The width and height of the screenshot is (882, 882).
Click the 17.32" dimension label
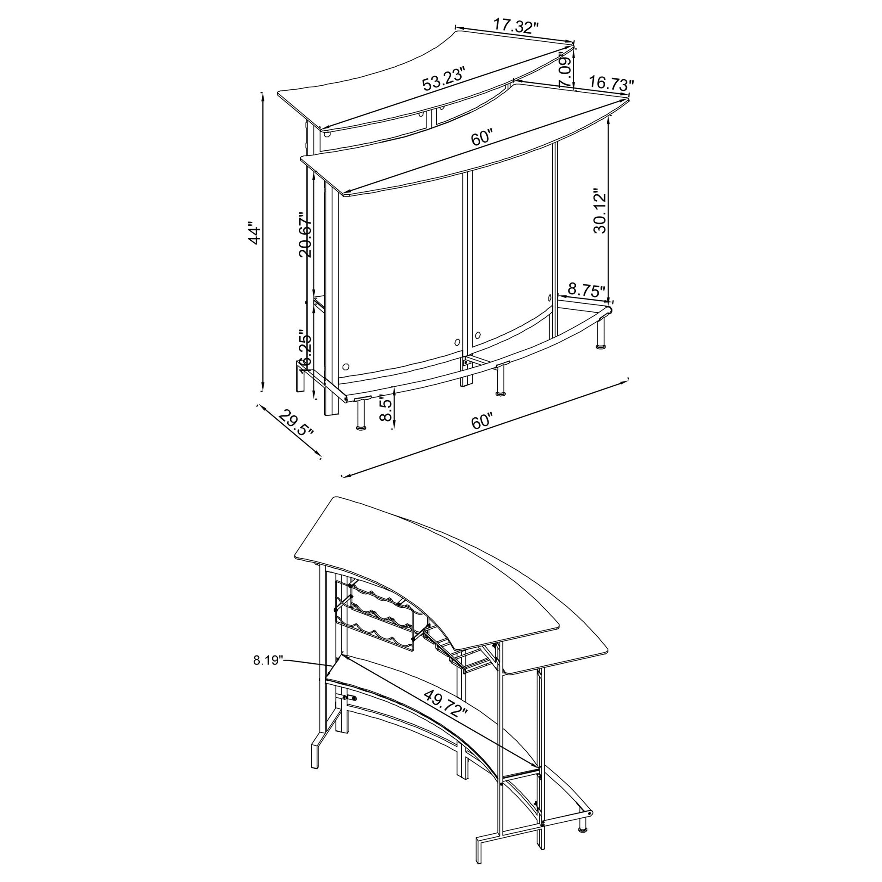[514, 25]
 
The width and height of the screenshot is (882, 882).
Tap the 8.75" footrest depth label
[586, 290]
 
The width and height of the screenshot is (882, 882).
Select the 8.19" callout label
[269, 660]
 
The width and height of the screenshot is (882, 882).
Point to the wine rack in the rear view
[379, 616]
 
